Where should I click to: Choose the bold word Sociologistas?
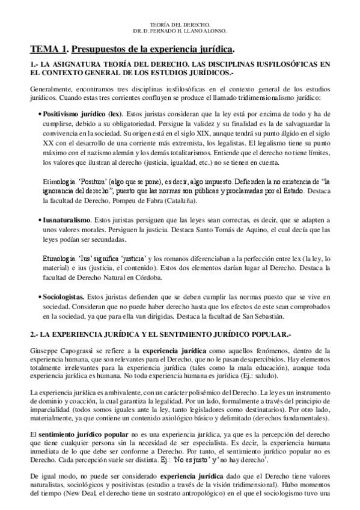tap(63, 297)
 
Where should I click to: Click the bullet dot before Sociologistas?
tap(40, 297)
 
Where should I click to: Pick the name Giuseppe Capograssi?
tap(59, 350)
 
